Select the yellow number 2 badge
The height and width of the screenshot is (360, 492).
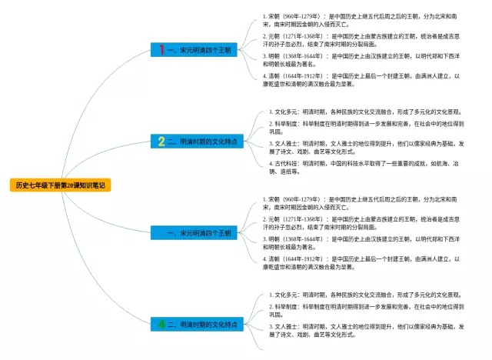click(x=161, y=142)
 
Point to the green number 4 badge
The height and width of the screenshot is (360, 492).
click(x=161, y=325)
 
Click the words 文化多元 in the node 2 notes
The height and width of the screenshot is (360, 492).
click(x=287, y=112)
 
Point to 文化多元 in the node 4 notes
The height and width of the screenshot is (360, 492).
click(x=287, y=295)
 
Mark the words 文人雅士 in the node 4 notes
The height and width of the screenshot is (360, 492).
click(x=287, y=326)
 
